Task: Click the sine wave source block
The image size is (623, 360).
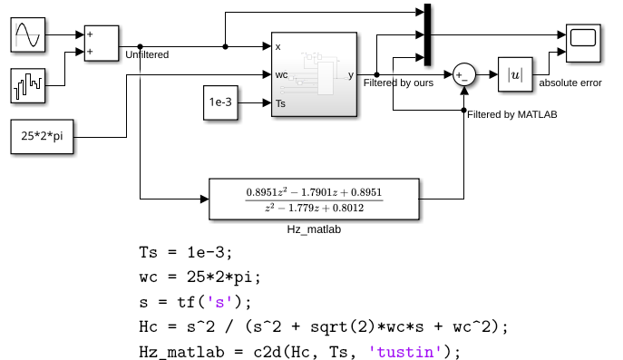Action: click(28, 34)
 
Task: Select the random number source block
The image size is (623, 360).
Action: click(28, 85)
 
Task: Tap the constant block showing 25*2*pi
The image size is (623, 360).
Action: click(42, 136)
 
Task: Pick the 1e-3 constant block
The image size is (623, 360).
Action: click(220, 102)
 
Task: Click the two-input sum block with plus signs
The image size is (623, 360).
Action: click(102, 44)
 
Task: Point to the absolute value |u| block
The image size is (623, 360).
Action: click(515, 74)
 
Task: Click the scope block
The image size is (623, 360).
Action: click(583, 44)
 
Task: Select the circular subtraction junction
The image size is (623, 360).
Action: click(464, 74)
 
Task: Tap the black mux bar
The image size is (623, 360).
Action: click(427, 34)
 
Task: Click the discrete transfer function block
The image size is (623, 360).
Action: click(314, 199)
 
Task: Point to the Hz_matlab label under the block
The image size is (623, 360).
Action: click(314, 229)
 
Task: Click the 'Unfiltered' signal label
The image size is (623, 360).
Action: click(147, 54)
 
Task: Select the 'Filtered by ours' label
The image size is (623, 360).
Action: click(398, 83)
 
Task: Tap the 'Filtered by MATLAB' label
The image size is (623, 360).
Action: click(512, 114)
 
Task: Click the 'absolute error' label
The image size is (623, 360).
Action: click(570, 83)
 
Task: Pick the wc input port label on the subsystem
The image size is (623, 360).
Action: click(281, 74)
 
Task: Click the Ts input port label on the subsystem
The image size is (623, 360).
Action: click(280, 103)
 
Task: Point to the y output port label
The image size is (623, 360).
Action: click(351, 75)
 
